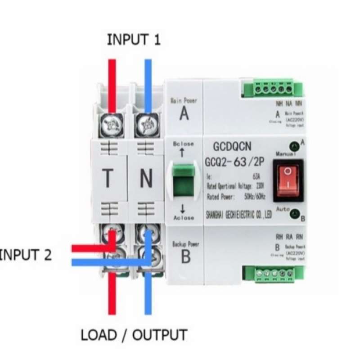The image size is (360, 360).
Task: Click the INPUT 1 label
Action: tap(133, 40)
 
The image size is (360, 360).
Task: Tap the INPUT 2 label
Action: tap(25, 255)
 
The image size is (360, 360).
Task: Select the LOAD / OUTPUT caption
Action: tap(134, 335)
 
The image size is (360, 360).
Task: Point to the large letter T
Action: tap(108, 178)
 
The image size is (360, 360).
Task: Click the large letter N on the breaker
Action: tap(146, 179)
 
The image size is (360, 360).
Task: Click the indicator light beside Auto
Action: tap(295, 214)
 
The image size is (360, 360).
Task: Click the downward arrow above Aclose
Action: tap(183, 209)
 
